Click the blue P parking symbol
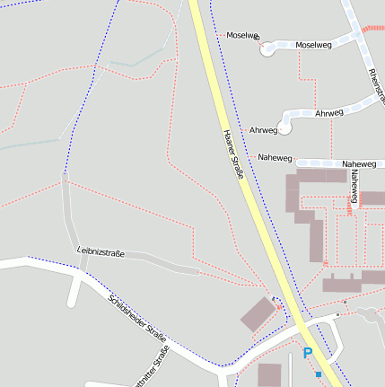(x=308, y=354)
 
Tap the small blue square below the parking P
(x=318, y=374)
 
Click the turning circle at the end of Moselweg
(x=267, y=50)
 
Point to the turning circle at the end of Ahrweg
(x=286, y=127)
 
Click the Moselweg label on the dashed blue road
(x=312, y=44)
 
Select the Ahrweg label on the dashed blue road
(x=329, y=113)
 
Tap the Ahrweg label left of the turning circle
(x=263, y=130)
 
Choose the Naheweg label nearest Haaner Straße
(x=275, y=158)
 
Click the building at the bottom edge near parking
(x=269, y=375)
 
